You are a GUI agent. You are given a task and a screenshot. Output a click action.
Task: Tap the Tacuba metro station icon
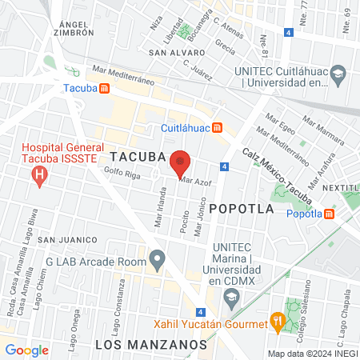click(105, 88)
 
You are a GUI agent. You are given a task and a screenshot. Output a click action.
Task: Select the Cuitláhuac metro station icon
click(228, 128)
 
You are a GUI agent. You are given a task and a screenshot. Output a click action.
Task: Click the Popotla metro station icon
click(330, 214)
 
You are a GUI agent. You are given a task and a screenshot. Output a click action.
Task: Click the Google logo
click(26, 350)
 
